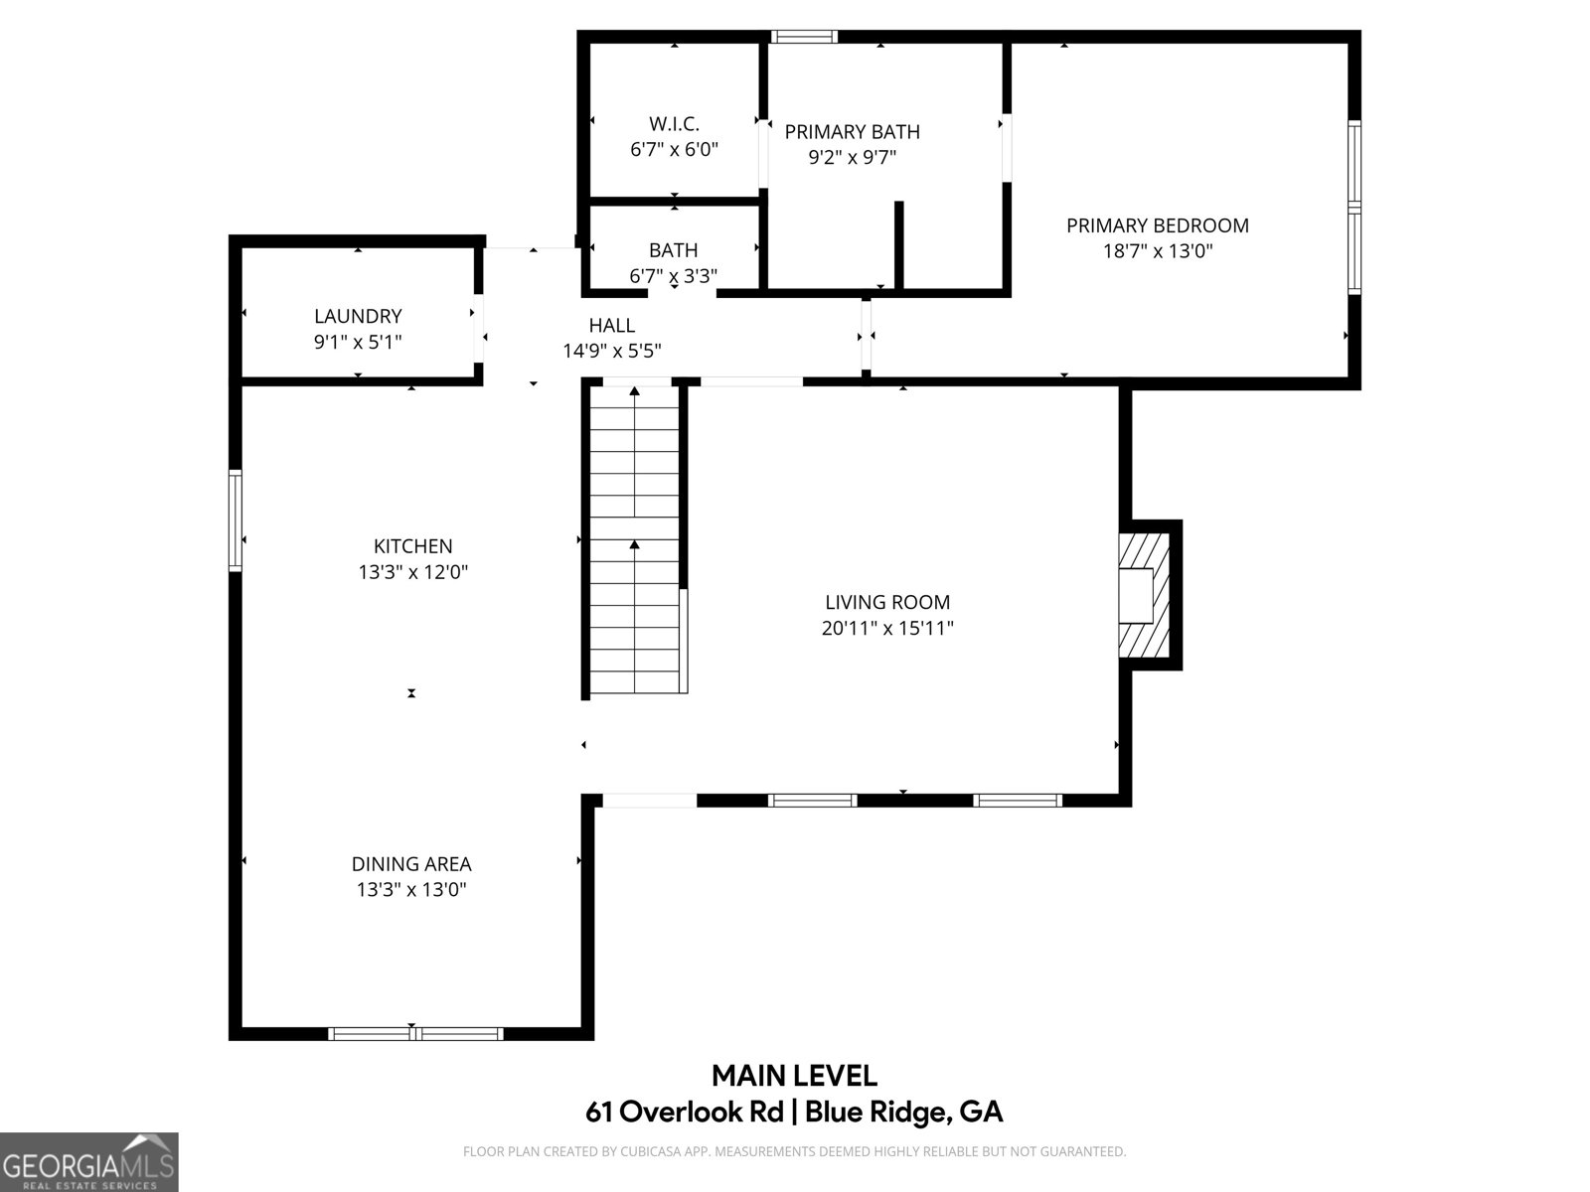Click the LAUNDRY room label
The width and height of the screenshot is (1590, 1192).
358,316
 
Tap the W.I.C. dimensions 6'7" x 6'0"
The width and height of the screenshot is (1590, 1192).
674,150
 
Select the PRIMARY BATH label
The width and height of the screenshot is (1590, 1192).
852,132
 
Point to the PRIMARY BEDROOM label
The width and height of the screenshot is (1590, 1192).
1157,225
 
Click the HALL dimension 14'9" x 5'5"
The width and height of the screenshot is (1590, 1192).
611,351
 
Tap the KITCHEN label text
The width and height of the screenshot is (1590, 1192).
412,546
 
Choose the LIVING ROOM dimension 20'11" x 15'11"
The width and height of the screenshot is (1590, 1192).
887,628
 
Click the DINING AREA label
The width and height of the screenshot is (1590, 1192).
411,864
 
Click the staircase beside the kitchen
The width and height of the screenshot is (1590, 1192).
634,541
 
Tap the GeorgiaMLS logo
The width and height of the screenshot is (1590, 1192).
88,1161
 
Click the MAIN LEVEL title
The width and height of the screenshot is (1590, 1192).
794,1076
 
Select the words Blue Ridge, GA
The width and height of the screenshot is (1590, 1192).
903,1112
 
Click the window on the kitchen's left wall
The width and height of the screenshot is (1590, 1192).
236,520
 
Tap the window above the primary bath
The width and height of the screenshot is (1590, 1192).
804,38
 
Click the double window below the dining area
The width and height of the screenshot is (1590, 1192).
415,1034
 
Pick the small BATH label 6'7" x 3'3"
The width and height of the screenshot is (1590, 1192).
674,263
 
